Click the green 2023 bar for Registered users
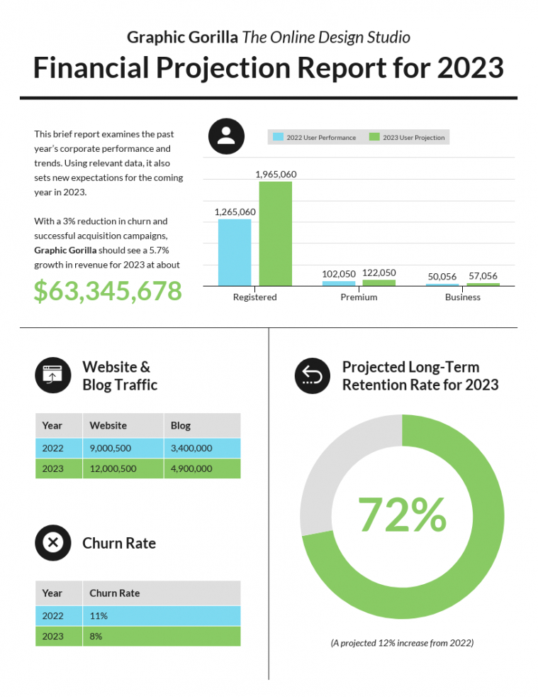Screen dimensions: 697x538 click(x=275, y=234)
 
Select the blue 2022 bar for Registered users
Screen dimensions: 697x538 click(x=234, y=252)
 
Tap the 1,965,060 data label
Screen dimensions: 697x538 click(x=275, y=174)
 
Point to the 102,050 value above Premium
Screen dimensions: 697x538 click(x=338, y=273)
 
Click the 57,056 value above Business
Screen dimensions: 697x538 click(x=483, y=276)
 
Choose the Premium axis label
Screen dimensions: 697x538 click(x=359, y=297)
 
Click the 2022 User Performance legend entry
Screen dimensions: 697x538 click(x=315, y=137)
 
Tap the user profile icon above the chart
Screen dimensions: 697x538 click(x=226, y=136)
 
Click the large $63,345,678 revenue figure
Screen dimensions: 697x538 click(x=108, y=291)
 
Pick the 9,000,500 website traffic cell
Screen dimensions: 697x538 click(x=110, y=448)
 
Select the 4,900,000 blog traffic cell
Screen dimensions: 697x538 click(x=191, y=468)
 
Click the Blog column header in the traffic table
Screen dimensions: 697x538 click(x=181, y=426)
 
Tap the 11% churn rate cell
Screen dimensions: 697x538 click(x=99, y=616)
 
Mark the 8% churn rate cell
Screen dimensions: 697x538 click(x=96, y=637)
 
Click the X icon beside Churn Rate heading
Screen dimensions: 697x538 click(x=52, y=543)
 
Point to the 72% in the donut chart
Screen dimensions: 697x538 click(x=402, y=515)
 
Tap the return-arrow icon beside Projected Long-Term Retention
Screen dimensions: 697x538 click(x=313, y=375)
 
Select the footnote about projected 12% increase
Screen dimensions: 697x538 click(x=402, y=643)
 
